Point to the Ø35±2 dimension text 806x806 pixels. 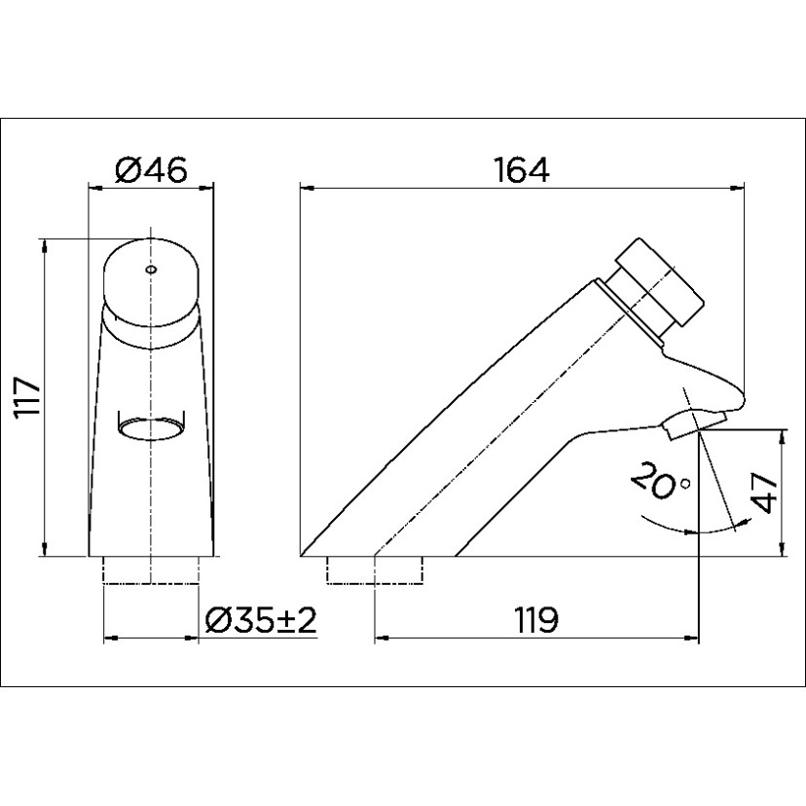262,620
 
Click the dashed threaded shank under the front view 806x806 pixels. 151,570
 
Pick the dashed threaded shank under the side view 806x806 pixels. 376,570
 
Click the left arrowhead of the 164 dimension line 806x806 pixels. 304,185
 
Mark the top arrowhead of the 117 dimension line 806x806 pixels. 45,242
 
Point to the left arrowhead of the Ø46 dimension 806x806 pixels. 93,185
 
